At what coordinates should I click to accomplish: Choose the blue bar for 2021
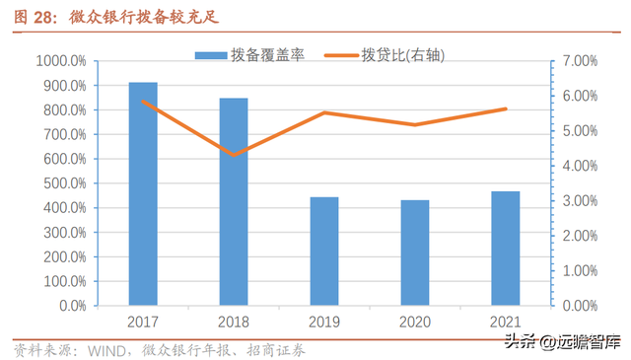click(x=506, y=249)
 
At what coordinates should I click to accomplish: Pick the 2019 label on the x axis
click(x=324, y=322)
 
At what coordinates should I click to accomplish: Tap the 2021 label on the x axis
click(x=506, y=322)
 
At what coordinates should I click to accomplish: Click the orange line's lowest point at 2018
click(x=234, y=155)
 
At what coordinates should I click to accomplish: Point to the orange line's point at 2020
click(x=415, y=125)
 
